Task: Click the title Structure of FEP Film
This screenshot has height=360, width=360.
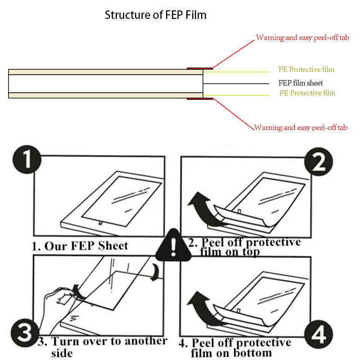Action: click(155, 15)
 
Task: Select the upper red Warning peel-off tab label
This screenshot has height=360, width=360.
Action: click(302, 38)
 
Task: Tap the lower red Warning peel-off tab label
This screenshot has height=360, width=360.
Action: click(301, 128)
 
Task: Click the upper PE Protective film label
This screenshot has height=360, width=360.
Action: click(306, 70)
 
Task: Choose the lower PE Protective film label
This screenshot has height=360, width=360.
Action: click(307, 93)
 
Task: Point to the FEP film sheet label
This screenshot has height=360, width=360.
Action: click(301, 83)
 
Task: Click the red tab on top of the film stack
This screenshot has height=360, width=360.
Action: click(200, 68)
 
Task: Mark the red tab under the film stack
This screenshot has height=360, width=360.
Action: click(200, 98)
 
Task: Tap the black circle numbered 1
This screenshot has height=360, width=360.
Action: click(26, 161)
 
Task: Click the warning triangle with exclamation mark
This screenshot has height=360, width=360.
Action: click(173, 245)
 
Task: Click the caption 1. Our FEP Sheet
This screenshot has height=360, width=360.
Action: click(80, 246)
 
